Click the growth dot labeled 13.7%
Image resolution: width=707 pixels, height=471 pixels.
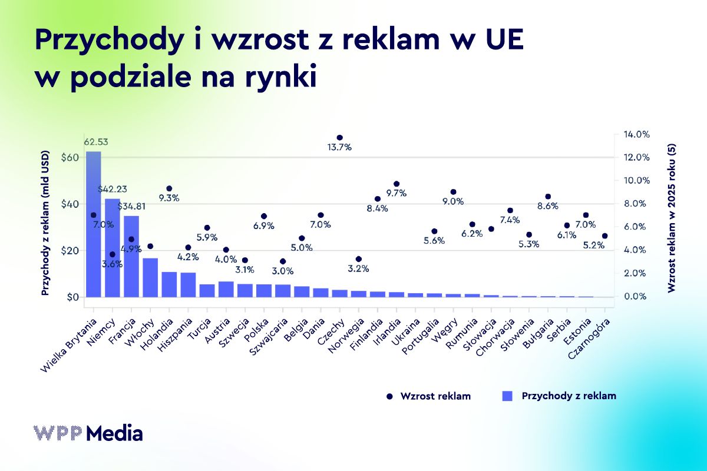(x=339, y=138)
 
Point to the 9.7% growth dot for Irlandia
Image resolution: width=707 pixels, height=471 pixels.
(x=396, y=184)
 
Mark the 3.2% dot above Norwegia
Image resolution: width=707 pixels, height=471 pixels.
(x=358, y=259)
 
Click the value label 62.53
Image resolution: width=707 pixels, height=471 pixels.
(x=95, y=142)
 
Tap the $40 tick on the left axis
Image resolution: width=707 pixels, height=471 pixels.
(x=70, y=204)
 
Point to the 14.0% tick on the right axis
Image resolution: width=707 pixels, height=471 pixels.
(x=636, y=135)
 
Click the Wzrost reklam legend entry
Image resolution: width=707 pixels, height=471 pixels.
(x=429, y=396)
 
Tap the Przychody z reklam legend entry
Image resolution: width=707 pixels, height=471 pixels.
(x=560, y=396)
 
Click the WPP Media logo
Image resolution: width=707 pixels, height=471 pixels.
(x=88, y=433)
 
